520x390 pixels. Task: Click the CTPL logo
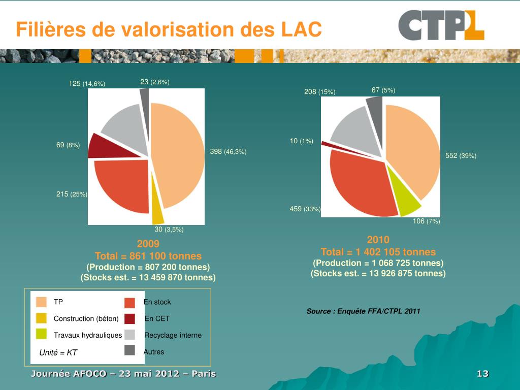click(x=441, y=25)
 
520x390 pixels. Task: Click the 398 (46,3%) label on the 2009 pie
click(x=228, y=152)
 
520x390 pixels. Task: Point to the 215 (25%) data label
click(x=72, y=194)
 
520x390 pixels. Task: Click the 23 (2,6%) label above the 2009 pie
click(x=155, y=82)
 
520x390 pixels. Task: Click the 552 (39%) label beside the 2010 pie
click(x=461, y=156)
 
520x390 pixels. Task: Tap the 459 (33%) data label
click(x=305, y=209)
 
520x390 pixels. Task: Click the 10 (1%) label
click(x=302, y=141)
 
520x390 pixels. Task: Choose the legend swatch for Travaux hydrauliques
click(x=41, y=334)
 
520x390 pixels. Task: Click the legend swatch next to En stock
click(x=129, y=303)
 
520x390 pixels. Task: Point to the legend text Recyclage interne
click(x=173, y=335)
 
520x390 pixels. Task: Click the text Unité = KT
click(x=58, y=352)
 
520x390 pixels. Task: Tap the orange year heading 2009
click(x=148, y=244)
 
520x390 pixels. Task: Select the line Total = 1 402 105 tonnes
click(x=378, y=252)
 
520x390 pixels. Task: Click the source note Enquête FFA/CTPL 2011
click(x=363, y=311)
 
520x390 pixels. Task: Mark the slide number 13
click(x=482, y=374)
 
